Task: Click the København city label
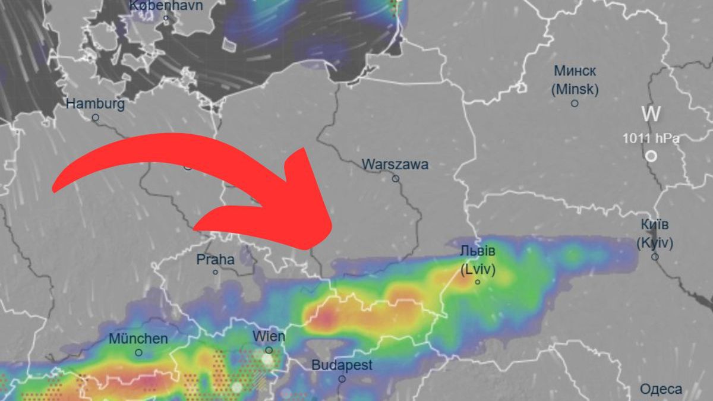click(166, 6)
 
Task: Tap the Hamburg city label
click(95, 104)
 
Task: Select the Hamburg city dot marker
click(95, 118)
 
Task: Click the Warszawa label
click(395, 165)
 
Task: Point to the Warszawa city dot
click(396, 178)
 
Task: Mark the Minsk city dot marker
click(575, 103)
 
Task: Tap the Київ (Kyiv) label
click(655, 233)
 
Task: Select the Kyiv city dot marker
click(655, 257)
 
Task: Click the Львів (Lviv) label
click(478, 260)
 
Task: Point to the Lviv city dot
click(478, 282)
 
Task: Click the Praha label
click(215, 260)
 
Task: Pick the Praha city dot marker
click(216, 272)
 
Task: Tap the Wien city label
click(269, 336)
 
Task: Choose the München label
click(138, 339)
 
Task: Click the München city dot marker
click(138, 352)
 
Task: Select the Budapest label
click(342, 365)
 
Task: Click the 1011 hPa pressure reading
click(651, 138)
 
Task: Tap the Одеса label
click(661, 390)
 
